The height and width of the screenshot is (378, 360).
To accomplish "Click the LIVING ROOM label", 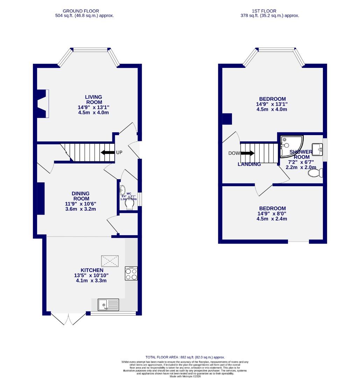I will tap(94, 100).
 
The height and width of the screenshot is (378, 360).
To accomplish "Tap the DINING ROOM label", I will tap(80, 196).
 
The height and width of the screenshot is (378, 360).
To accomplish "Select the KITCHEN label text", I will tap(92, 270).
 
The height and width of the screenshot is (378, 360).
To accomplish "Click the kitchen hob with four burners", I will tap(131, 273).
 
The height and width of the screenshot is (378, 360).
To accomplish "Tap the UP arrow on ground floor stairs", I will tap(108, 153).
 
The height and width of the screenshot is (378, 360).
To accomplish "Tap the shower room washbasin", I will tap(317, 149).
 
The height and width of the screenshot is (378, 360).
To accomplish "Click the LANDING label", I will tap(249, 164).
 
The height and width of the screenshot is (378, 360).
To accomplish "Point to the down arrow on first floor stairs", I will tap(247, 153).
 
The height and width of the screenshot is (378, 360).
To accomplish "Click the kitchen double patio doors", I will tap(69, 318).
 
